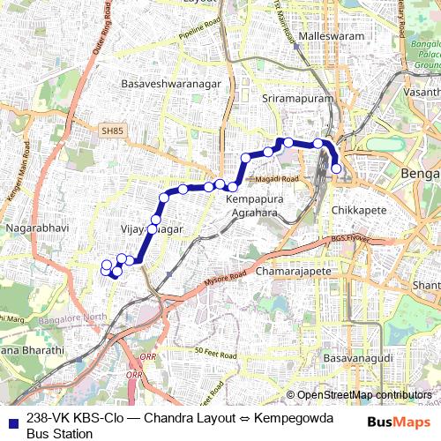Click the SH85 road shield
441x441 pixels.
(113, 132)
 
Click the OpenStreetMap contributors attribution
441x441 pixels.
(364, 395)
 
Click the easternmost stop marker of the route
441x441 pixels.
(336, 168)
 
